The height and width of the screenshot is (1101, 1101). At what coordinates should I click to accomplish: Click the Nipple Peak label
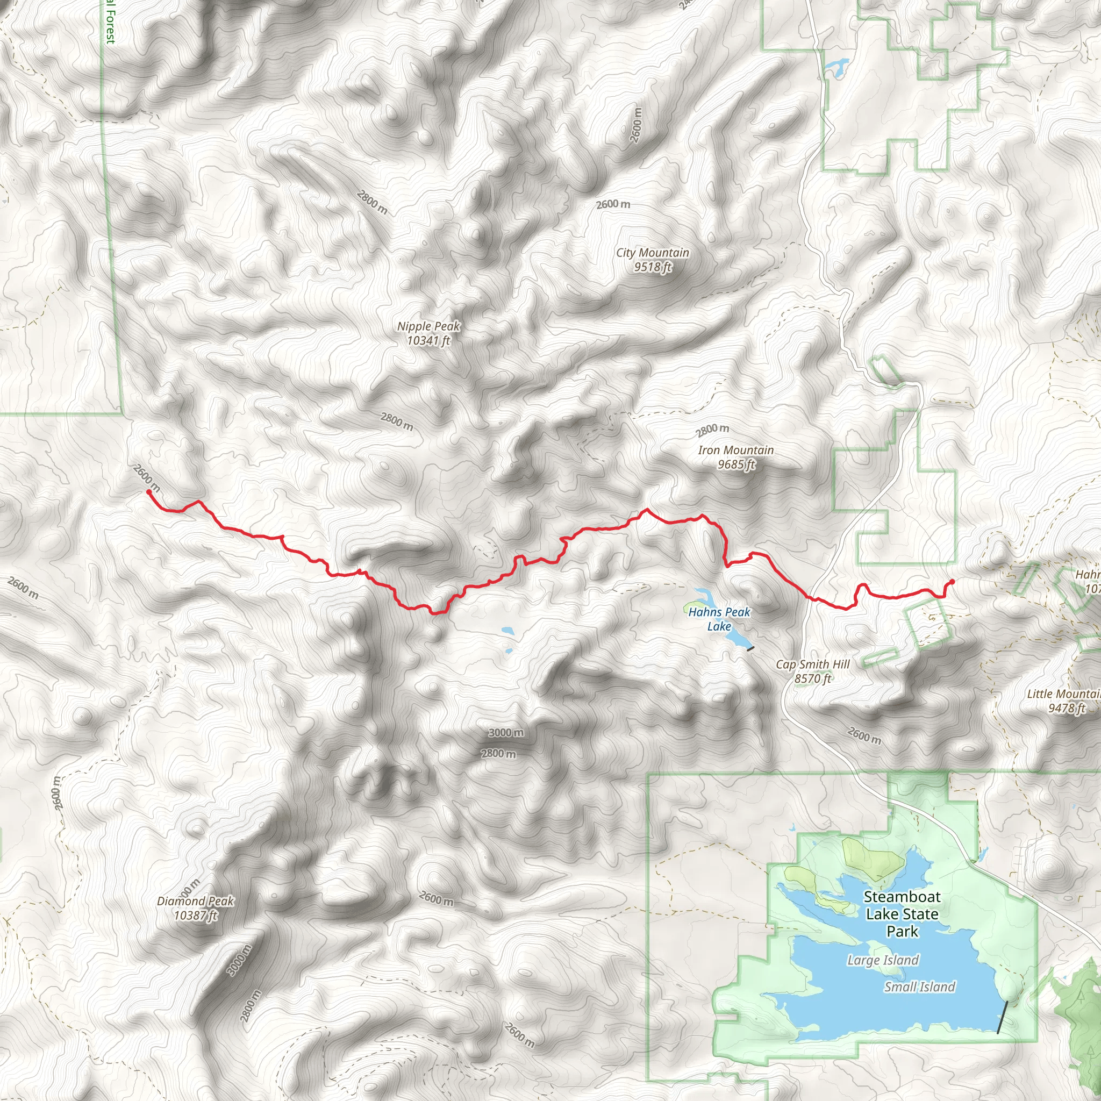coord(428,333)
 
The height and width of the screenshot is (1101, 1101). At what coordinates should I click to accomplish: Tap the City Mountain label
coord(653,260)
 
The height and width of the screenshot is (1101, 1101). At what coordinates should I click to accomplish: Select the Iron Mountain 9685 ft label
coord(736,457)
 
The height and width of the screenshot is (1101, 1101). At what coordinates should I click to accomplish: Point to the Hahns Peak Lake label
coord(719,619)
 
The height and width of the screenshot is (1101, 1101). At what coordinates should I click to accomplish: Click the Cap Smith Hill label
coord(813,671)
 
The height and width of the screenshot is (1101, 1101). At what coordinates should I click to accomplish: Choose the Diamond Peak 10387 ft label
coord(196,908)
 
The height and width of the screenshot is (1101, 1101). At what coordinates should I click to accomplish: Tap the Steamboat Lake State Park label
coord(902,914)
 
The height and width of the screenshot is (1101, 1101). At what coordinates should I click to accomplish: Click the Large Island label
coord(883,960)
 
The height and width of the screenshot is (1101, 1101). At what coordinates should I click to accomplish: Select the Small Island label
coord(919,987)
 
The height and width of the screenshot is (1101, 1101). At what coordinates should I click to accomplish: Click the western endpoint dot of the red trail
coord(149,492)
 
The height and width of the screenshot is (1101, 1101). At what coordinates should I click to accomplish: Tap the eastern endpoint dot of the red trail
coord(952,582)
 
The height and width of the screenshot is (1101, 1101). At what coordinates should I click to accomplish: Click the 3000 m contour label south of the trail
coord(506,733)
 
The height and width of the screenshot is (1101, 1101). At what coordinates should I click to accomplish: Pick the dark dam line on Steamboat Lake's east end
coord(1003,1017)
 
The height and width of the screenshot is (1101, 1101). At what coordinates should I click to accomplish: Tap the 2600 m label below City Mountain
coord(613,204)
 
